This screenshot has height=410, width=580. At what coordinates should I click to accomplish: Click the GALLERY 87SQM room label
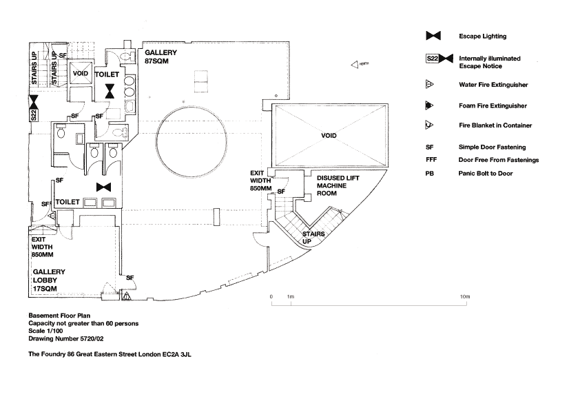pyautogui.click(x=160, y=57)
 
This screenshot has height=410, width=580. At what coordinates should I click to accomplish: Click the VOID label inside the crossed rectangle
pyautogui.click(x=329, y=136)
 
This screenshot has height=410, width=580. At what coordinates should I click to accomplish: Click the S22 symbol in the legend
pyautogui.click(x=433, y=59)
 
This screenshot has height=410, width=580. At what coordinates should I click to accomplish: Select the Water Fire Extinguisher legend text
pyautogui.click(x=493, y=85)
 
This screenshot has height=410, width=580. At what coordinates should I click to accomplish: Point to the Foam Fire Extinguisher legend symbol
pyautogui.click(x=428, y=106)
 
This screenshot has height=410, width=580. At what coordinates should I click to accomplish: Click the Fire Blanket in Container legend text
pyautogui.click(x=495, y=125)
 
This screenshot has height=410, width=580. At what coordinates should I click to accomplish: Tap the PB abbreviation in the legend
pyautogui.click(x=429, y=173)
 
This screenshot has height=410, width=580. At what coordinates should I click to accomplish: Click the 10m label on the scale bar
pyautogui.click(x=465, y=296)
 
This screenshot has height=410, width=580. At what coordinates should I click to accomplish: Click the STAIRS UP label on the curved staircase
pyautogui.click(x=313, y=238)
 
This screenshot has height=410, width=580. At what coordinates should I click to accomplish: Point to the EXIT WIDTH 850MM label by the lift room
pyautogui.click(x=260, y=181)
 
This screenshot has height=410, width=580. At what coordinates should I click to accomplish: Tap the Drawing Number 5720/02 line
pyautogui.click(x=65, y=339)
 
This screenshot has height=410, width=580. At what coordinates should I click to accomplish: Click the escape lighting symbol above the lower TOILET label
pyautogui.click(x=104, y=187)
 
